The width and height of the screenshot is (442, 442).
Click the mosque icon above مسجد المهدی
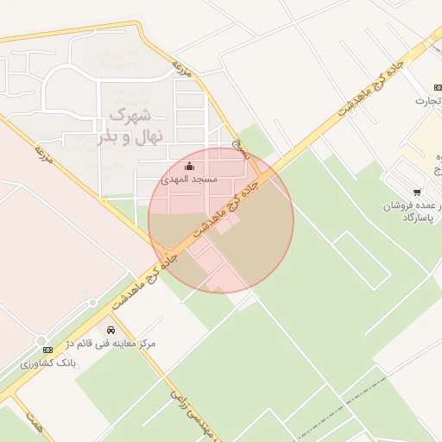190,167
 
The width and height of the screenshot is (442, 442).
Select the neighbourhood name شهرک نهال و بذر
129,126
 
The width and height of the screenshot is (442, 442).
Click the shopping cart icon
418,193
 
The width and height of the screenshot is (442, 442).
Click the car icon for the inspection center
110,330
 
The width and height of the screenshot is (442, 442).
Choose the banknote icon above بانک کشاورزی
47,350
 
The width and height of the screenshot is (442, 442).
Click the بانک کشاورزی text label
48,363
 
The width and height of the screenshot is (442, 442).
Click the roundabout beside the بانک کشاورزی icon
41,339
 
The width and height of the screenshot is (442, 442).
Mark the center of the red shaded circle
221,221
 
